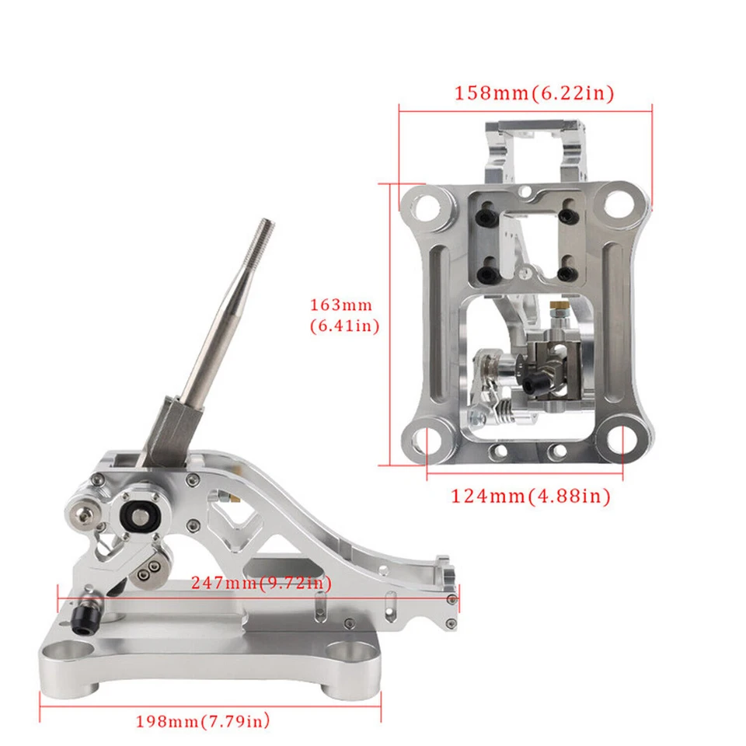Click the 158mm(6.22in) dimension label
click(535, 92)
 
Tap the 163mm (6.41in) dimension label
click(344, 315)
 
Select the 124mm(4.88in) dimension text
click(531, 497)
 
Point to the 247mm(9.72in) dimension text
click(261, 582)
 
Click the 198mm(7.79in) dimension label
click(203, 721)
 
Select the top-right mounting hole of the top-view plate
click(618, 203)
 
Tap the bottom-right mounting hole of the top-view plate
click(619, 437)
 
